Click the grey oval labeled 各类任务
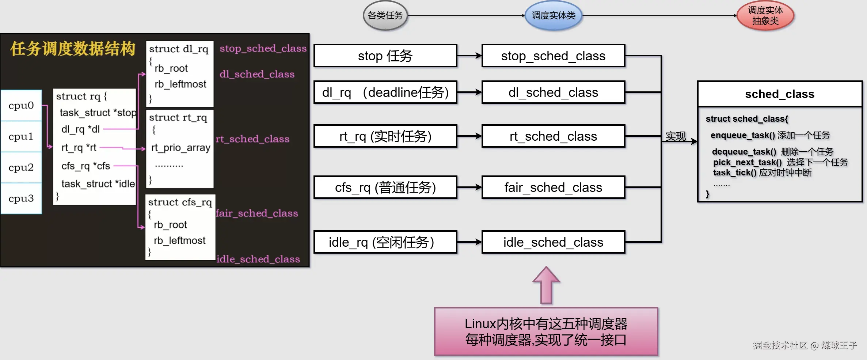385,15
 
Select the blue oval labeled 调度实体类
553,15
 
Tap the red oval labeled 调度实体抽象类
765,15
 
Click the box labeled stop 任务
385,56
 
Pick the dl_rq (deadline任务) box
385,92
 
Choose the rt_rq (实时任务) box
385,136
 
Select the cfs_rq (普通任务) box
385,187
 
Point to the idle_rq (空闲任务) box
385,242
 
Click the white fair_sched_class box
553,187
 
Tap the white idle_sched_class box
553,242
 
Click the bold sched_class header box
780,94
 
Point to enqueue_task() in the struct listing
742,136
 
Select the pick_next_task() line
747,162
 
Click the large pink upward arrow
546,285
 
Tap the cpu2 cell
21,167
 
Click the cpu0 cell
21,105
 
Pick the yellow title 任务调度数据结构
73,49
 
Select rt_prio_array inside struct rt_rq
181,148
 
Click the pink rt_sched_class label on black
252,139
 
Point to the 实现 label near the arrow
676,136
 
